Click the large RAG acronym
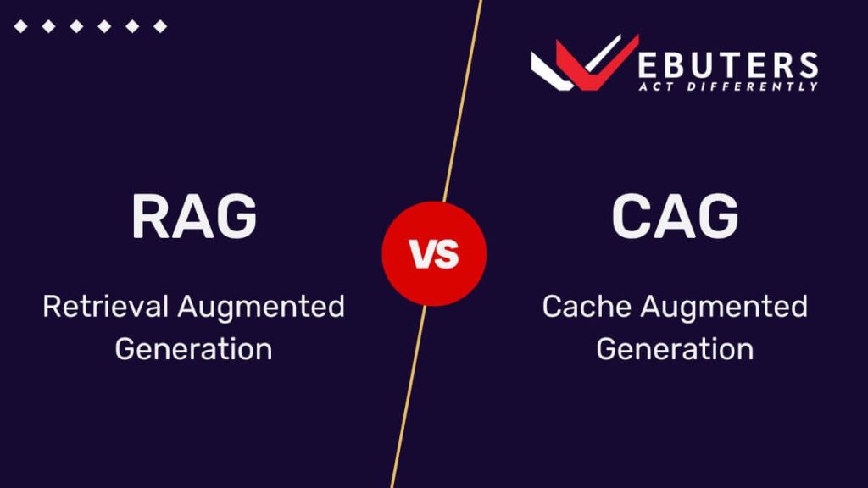point(193,216)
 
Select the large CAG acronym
point(674,216)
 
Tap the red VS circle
point(434,253)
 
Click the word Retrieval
point(105,307)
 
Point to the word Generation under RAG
point(193,349)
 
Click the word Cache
point(587,307)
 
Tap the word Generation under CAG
point(674,349)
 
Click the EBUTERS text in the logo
point(729,64)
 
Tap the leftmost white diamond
point(20,27)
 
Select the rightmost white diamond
point(159,27)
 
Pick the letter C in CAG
point(629,216)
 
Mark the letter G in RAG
point(236,216)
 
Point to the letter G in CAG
point(718,216)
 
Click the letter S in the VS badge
point(447,254)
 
